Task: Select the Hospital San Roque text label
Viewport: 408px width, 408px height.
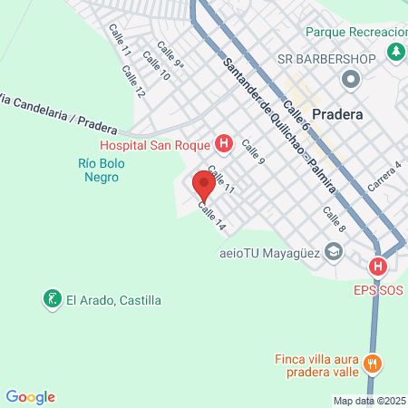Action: coord(155,144)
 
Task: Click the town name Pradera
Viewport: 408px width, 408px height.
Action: coord(337,115)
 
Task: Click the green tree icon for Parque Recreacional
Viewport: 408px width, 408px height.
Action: coord(396,53)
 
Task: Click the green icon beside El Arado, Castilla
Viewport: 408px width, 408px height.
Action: coord(52,298)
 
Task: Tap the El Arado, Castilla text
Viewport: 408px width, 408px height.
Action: coord(113,299)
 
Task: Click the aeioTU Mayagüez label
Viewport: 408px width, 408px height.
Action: coord(270,253)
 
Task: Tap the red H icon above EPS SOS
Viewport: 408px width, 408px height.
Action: coord(378,267)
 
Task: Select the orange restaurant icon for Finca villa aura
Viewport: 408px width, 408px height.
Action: coord(372,365)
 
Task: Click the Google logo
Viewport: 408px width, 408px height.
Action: coord(31,397)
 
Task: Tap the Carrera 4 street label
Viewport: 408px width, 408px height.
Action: coord(384,176)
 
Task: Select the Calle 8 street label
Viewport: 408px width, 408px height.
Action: coord(334,219)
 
